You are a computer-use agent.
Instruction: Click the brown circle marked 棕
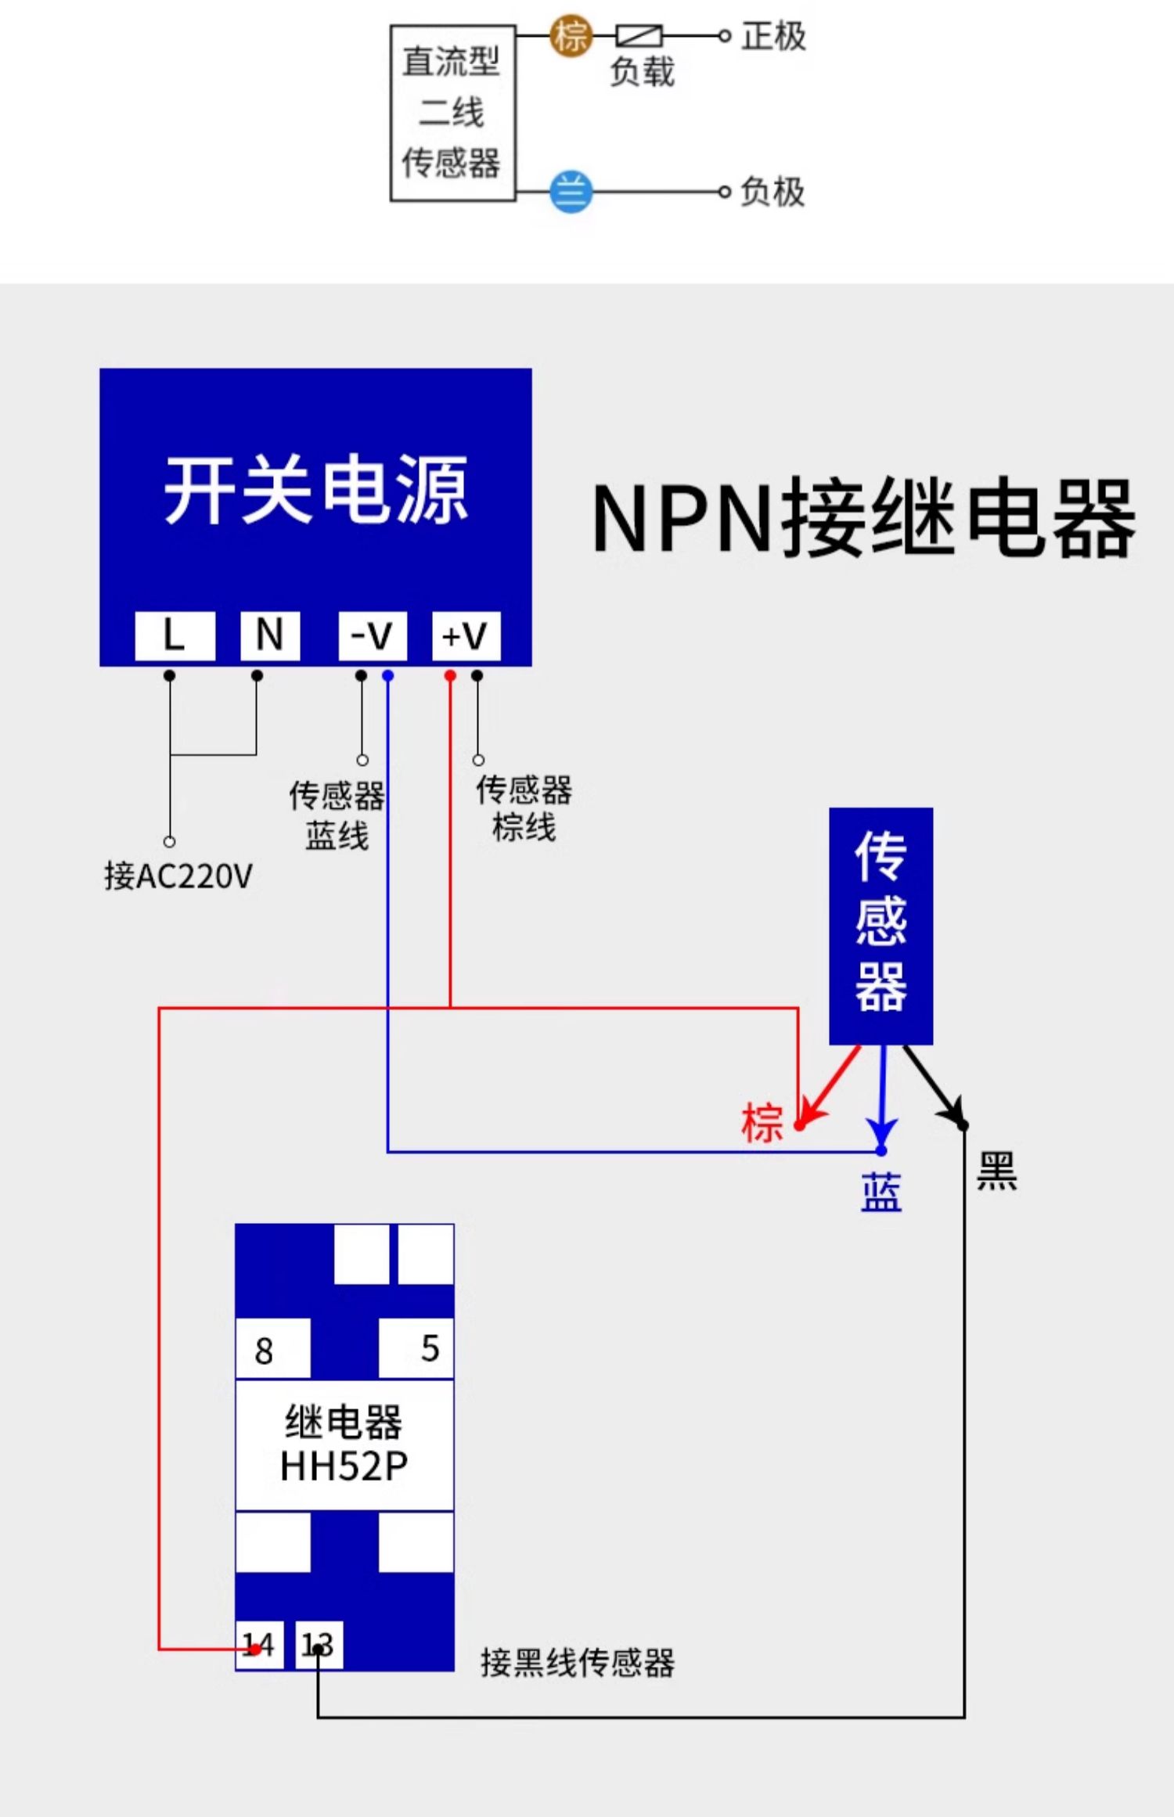tap(571, 36)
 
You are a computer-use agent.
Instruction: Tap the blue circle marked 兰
tap(571, 192)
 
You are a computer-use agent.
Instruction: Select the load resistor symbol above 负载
tap(639, 35)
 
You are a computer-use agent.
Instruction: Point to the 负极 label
tap(772, 192)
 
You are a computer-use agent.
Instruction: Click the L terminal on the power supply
tap(175, 635)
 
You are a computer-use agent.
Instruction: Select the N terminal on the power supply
tap(270, 635)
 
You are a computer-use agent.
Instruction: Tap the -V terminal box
tap(372, 635)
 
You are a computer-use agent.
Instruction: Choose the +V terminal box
tap(466, 635)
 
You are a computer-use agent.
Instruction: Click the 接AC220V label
tap(178, 876)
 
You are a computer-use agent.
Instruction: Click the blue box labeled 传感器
tap(880, 926)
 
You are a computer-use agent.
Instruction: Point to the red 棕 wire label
tap(762, 1123)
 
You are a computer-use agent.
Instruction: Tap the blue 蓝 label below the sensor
tap(881, 1193)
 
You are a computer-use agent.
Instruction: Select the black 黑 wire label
tap(996, 1171)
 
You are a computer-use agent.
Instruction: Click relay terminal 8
tap(272, 1349)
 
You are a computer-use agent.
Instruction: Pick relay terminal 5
tap(416, 1347)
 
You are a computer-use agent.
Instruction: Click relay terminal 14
tap(259, 1645)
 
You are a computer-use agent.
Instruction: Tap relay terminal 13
tap(319, 1645)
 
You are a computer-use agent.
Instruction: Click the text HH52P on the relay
tap(344, 1466)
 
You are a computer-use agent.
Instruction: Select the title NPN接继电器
tap(864, 519)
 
